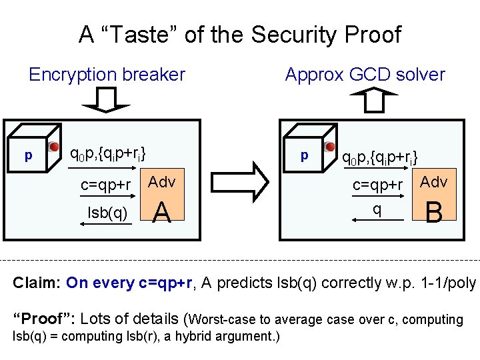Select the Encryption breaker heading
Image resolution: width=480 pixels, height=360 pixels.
[107, 75]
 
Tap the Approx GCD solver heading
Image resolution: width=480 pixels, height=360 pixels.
[365, 75]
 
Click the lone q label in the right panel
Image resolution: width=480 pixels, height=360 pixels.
[377, 209]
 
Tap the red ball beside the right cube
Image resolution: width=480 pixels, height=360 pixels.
[329, 146]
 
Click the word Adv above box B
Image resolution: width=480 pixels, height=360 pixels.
[435, 181]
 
